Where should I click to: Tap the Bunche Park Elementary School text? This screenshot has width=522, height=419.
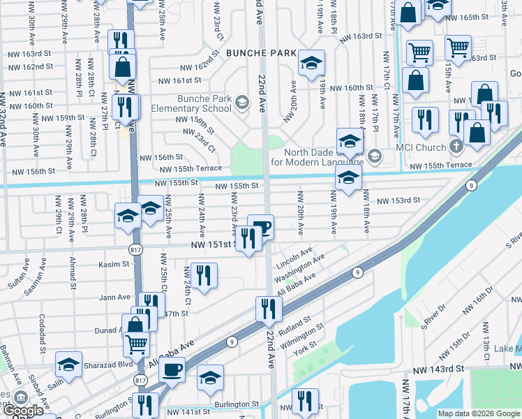click(x=204, y=103)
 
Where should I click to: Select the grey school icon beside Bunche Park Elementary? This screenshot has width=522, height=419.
click(x=241, y=104)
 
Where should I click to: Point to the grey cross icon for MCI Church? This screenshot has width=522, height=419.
click(x=456, y=147)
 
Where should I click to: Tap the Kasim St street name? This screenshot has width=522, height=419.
click(x=114, y=265)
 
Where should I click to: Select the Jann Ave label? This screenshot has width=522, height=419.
click(x=114, y=297)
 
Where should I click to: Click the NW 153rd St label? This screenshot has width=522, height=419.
click(x=398, y=200)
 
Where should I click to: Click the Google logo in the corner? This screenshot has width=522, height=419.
click(x=22, y=411)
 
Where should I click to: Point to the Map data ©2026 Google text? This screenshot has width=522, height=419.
click(x=479, y=413)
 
